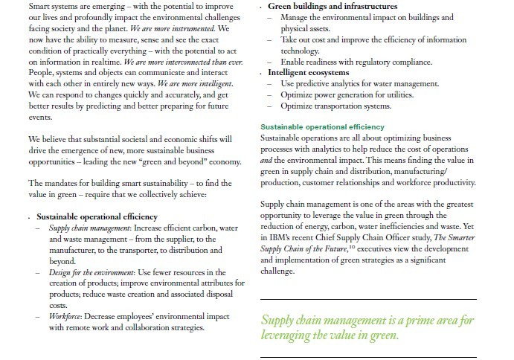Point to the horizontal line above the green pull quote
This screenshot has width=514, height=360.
click(x=368, y=299)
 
